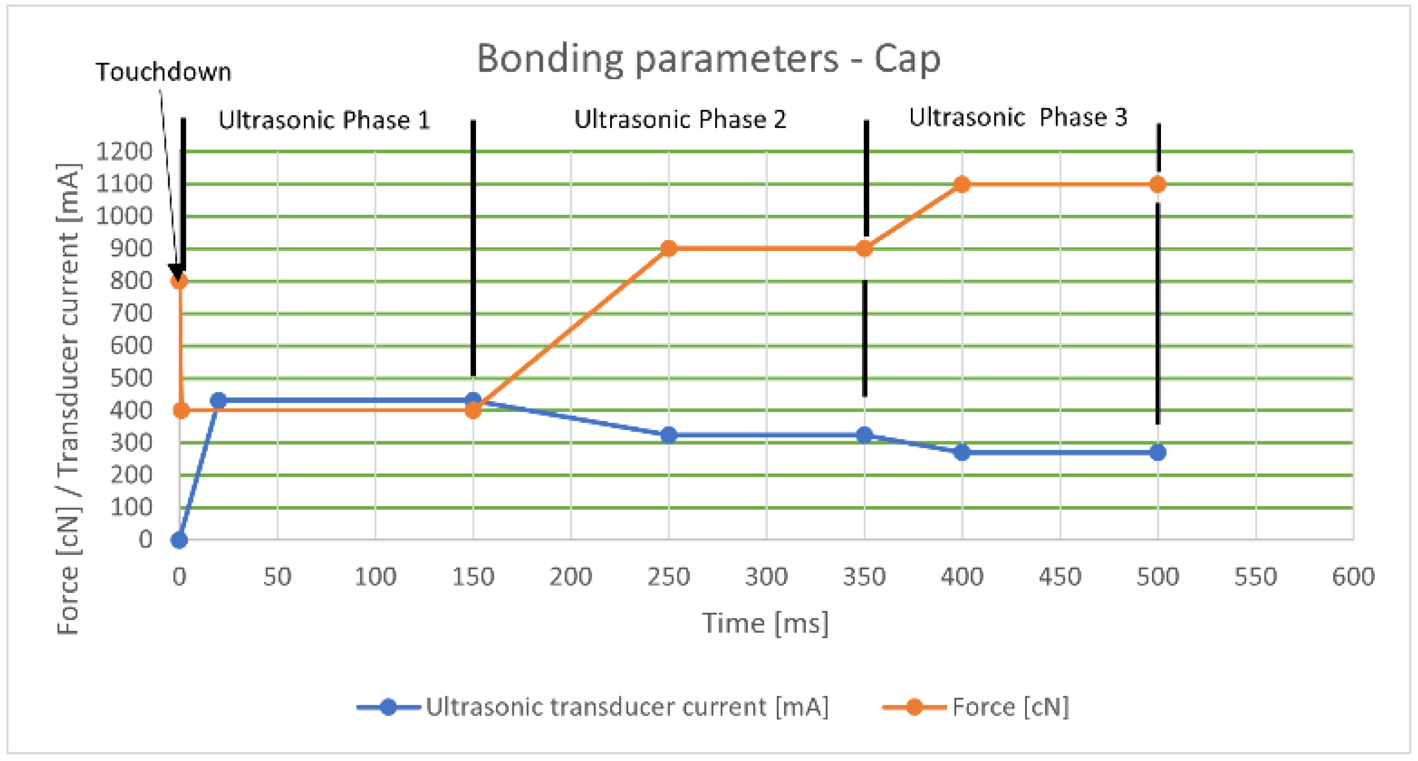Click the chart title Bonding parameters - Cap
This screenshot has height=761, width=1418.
(x=708, y=59)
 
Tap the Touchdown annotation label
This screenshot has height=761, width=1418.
(x=164, y=72)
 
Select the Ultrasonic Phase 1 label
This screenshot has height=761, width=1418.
(x=324, y=120)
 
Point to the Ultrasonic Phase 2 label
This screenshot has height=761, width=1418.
(x=680, y=120)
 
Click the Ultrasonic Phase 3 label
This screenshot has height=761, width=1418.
(x=1018, y=118)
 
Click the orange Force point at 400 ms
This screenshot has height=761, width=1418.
(x=962, y=184)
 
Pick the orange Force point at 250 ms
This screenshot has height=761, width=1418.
(x=668, y=249)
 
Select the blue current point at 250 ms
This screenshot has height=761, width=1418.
(x=668, y=435)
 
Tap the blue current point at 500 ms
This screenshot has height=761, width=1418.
(x=1157, y=453)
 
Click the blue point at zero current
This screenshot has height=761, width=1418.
(x=179, y=540)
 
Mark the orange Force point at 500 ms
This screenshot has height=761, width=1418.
(x=1157, y=184)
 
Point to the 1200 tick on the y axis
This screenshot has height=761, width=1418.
(x=124, y=151)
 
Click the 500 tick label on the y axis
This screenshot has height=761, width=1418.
(x=131, y=379)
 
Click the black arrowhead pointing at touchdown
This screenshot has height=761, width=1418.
(x=177, y=272)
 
